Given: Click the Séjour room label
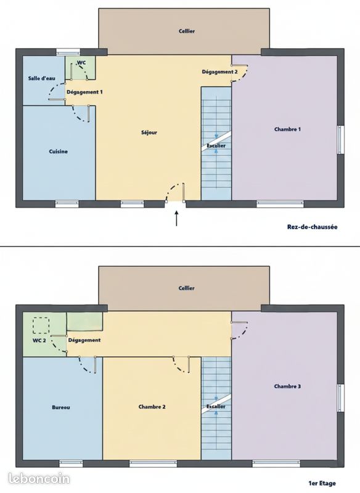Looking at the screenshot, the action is (x=149, y=132).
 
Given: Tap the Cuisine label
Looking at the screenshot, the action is (x=58, y=152).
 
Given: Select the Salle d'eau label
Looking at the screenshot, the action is (x=42, y=78).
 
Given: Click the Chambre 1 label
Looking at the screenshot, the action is (x=288, y=129).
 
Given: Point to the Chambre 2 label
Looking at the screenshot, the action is (x=152, y=407).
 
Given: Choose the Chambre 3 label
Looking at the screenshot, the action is (x=287, y=386).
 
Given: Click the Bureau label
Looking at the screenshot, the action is (x=61, y=407).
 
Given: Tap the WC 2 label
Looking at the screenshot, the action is (x=39, y=341).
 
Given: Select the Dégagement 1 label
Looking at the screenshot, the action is (x=84, y=92).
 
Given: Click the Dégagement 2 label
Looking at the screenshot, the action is (x=220, y=71).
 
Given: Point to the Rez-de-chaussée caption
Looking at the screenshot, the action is (x=312, y=227).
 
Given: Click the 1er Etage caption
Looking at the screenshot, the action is (x=322, y=483).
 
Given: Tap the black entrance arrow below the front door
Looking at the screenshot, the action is (x=177, y=218).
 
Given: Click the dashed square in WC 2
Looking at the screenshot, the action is (x=41, y=325).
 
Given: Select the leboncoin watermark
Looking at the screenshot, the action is (x=39, y=479).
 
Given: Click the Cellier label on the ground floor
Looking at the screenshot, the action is (x=187, y=31).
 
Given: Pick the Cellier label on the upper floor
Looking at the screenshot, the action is (x=186, y=288).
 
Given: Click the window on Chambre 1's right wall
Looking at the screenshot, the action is (x=341, y=140).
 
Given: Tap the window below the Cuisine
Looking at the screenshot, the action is (x=67, y=204).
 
